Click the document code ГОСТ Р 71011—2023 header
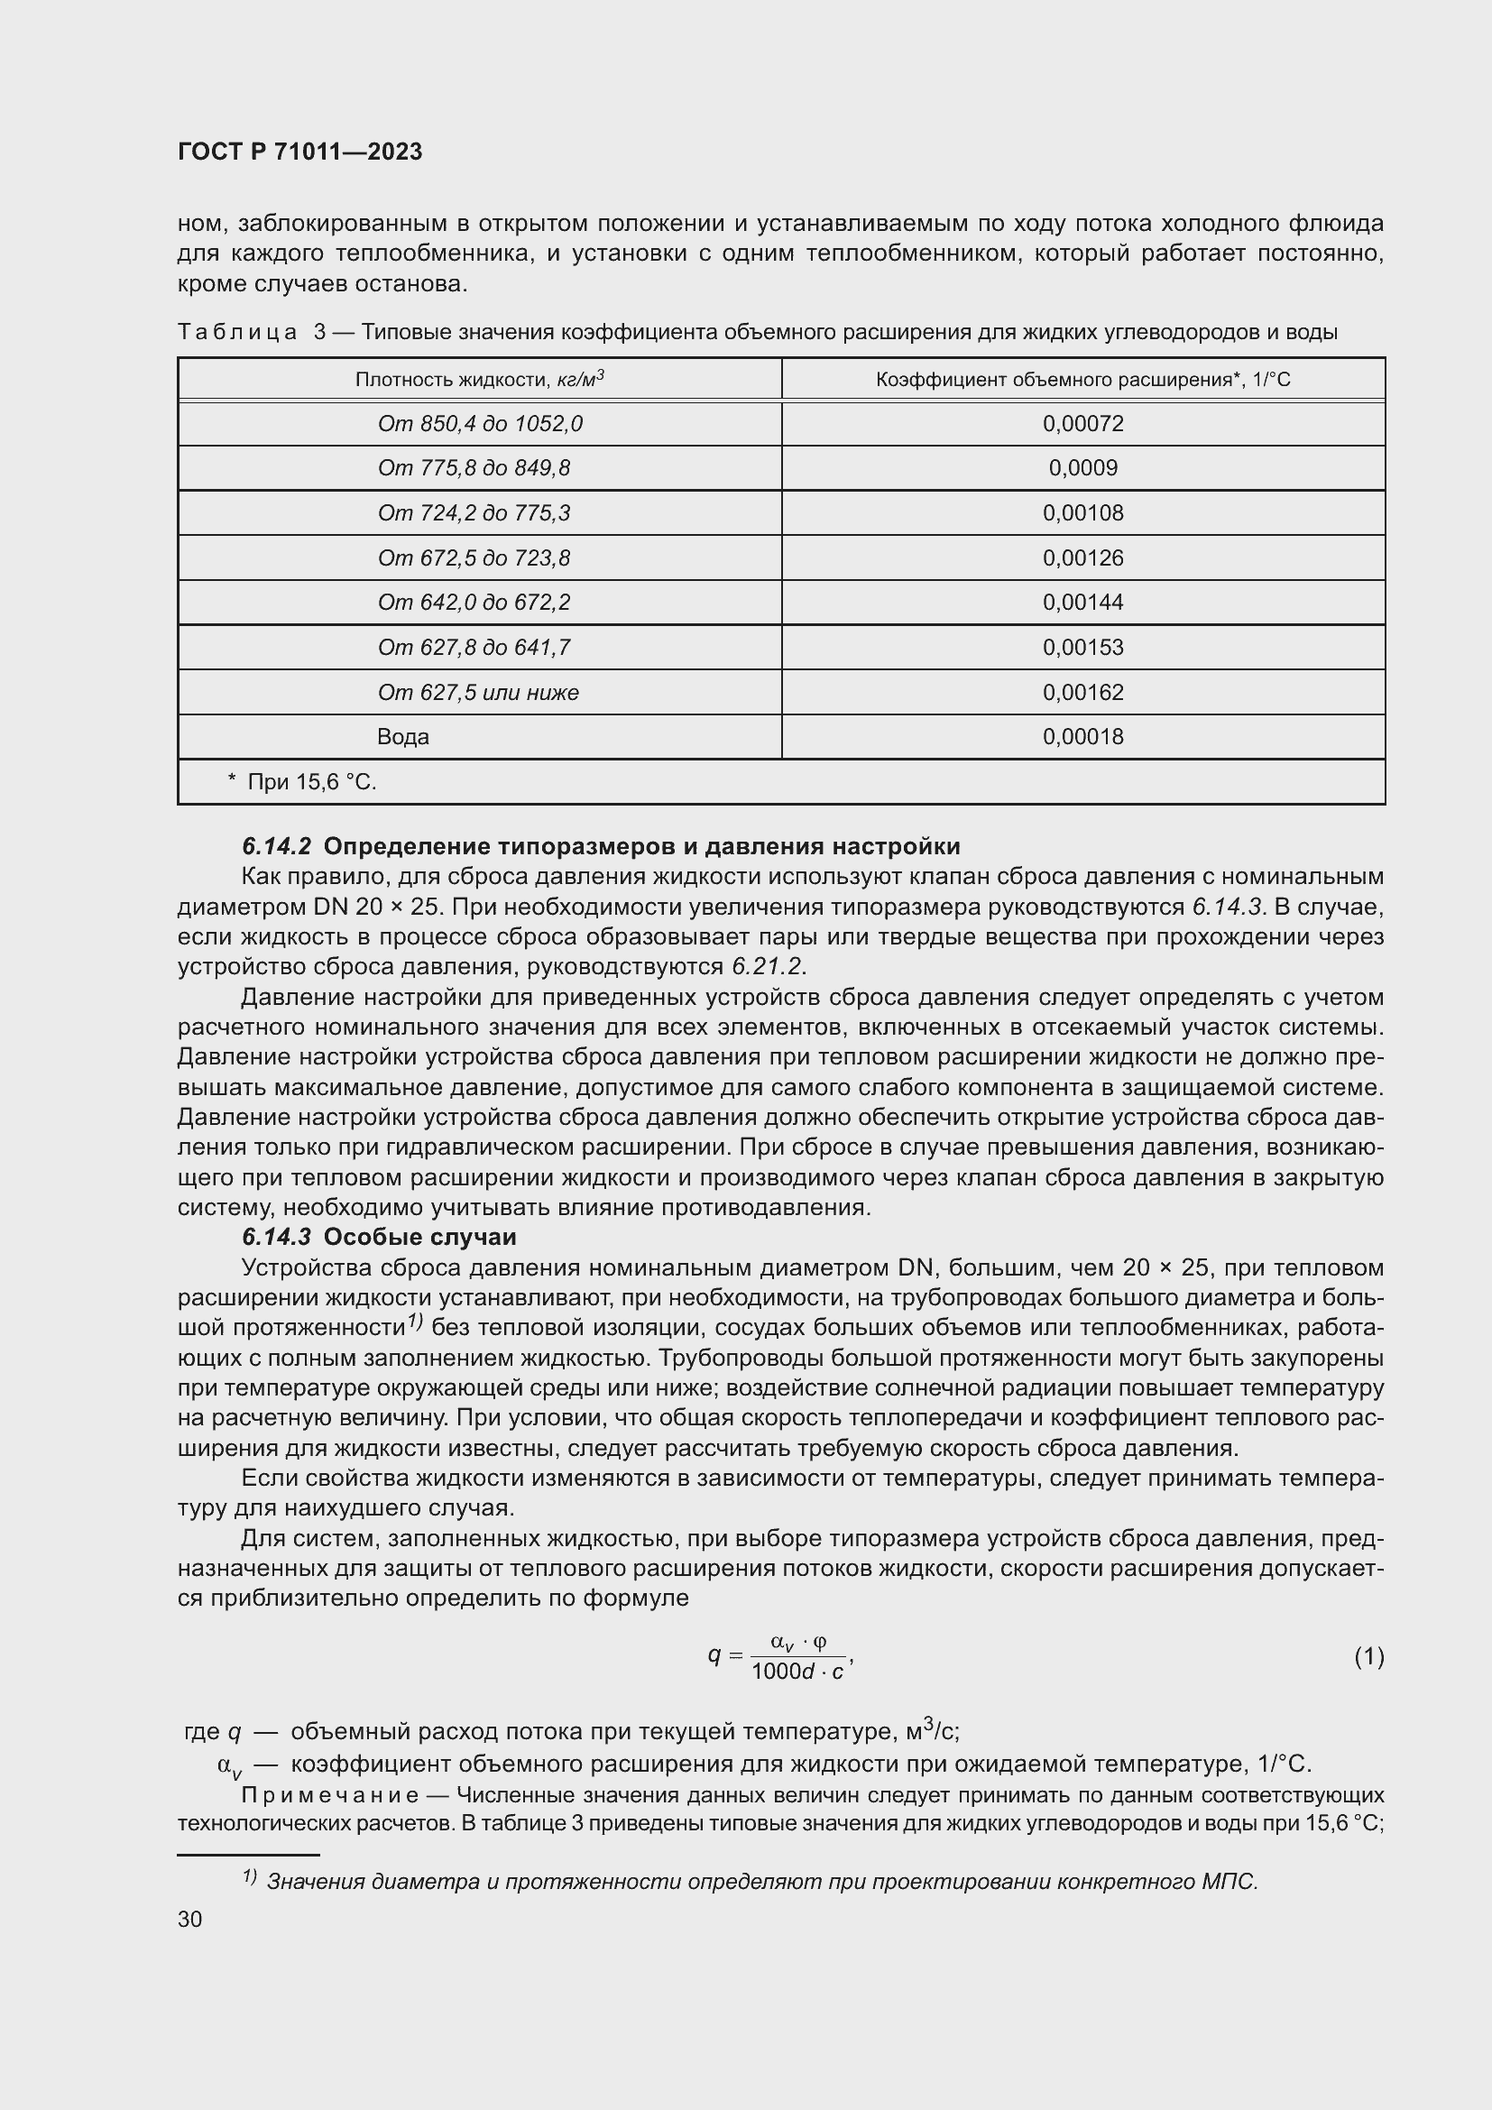coord(299,152)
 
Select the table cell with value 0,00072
coord(1082,424)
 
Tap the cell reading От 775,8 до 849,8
coord(474,469)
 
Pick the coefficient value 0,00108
coord(1082,512)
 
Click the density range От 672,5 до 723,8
coord(474,557)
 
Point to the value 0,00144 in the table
coord(1082,603)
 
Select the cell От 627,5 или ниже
coord(478,692)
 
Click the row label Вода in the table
coord(402,737)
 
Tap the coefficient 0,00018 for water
coord(1082,737)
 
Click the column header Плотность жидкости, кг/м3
coord(479,379)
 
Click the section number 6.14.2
coord(277,845)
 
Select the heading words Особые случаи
coord(419,1237)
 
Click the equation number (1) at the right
coord(1368,1657)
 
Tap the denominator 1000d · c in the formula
coord(797,1672)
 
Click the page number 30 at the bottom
coord(190,1920)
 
